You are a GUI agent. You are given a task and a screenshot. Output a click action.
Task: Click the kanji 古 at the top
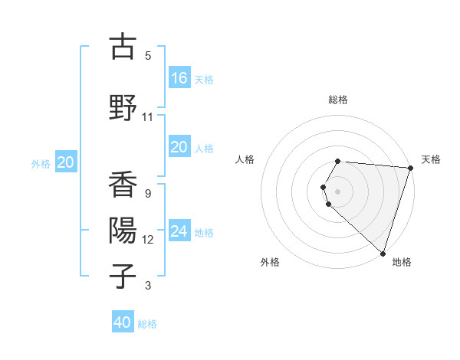point(122,47)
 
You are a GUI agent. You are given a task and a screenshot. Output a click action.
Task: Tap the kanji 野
point(122,106)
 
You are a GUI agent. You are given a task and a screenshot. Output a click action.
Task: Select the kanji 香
point(122,185)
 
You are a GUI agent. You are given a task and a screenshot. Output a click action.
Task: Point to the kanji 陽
point(122,230)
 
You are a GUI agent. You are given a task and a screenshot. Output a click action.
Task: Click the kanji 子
point(122,275)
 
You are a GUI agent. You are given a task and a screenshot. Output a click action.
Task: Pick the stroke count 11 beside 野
point(148,116)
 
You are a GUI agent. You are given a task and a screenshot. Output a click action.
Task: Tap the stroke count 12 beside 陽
point(148,240)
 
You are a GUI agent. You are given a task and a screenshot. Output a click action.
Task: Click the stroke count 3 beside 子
point(148,286)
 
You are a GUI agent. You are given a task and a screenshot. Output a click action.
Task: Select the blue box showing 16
point(179,78)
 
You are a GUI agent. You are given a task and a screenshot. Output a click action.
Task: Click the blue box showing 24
point(179,231)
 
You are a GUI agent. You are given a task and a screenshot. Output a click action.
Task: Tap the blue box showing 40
point(123,323)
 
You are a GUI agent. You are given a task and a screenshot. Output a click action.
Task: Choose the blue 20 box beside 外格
point(66,162)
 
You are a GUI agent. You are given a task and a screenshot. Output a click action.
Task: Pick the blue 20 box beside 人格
point(179,148)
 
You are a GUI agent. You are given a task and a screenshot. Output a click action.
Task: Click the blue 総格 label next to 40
point(147,324)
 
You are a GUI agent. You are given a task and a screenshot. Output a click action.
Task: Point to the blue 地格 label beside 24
point(204,232)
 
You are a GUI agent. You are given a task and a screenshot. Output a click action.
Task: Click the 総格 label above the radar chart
point(338,100)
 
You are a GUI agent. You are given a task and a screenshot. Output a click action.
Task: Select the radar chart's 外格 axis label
point(270,262)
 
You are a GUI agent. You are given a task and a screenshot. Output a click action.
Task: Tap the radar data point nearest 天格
point(409,169)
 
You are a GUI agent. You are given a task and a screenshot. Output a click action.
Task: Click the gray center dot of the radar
point(338,191)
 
